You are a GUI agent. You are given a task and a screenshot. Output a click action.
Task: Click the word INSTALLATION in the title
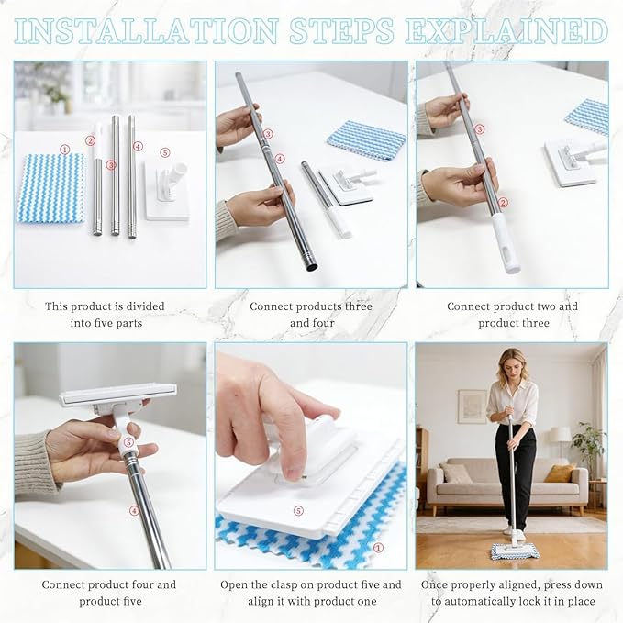click(x=146, y=30)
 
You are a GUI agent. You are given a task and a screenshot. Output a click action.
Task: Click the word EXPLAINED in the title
click(x=506, y=30)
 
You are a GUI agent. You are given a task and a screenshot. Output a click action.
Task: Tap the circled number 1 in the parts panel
click(x=64, y=150)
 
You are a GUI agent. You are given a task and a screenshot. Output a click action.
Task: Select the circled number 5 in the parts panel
click(x=165, y=152)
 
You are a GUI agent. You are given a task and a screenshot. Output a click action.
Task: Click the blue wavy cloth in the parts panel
click(x=50, y=189)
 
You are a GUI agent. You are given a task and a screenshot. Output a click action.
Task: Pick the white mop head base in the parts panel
click(x=167, y=190)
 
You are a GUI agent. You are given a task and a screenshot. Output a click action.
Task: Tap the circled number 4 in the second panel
click(x=280, y=159)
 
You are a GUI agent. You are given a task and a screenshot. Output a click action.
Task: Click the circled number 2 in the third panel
click(x=503, y=203)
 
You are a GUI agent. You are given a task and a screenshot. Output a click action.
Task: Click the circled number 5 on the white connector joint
click(x=128, y=442)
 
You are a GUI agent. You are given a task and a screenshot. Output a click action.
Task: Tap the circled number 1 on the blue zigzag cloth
click(x=378, y=548)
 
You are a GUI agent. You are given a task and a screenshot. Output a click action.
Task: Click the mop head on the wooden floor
click(x=515, y=551)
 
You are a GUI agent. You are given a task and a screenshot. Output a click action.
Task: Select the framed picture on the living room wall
click(x=472, y=406)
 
